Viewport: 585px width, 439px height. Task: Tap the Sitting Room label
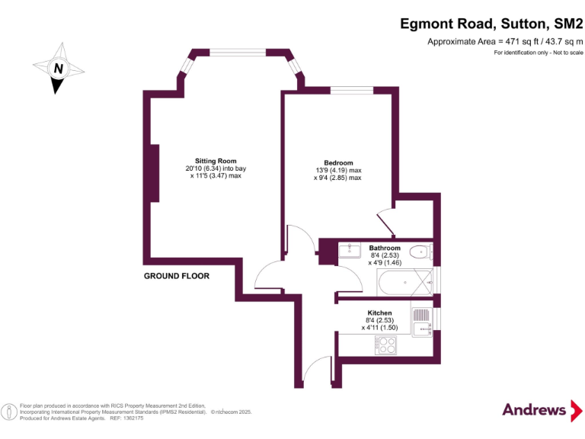pyautogui.click(x=216, y=161)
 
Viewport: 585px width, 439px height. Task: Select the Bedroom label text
pyautogui.click(x=338, y=163)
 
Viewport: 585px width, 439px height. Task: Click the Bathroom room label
pyautogui.click(x=385, y=248)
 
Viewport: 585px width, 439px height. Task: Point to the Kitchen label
pyautogui.click(x=379, y=313)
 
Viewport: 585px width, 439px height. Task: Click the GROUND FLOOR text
pyautogui.click(x=177, y=276)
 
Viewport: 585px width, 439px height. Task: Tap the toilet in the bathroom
pyautogui.click(x=420, y=252)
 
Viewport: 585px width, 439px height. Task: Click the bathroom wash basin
pyautogui.click(x=350, y=250)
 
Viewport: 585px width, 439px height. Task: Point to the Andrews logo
pyautogui.click(x=535, y=409)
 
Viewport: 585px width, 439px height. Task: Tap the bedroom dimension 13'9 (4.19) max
pyautogui.click(x=338, y=171)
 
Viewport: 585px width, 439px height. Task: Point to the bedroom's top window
pyautogui.click(x=351, y=91)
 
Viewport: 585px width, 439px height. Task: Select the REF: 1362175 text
pyautogui.click(x=126, y=418)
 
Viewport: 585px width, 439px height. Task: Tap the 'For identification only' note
pyautogui.click(x=538, y=53)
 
